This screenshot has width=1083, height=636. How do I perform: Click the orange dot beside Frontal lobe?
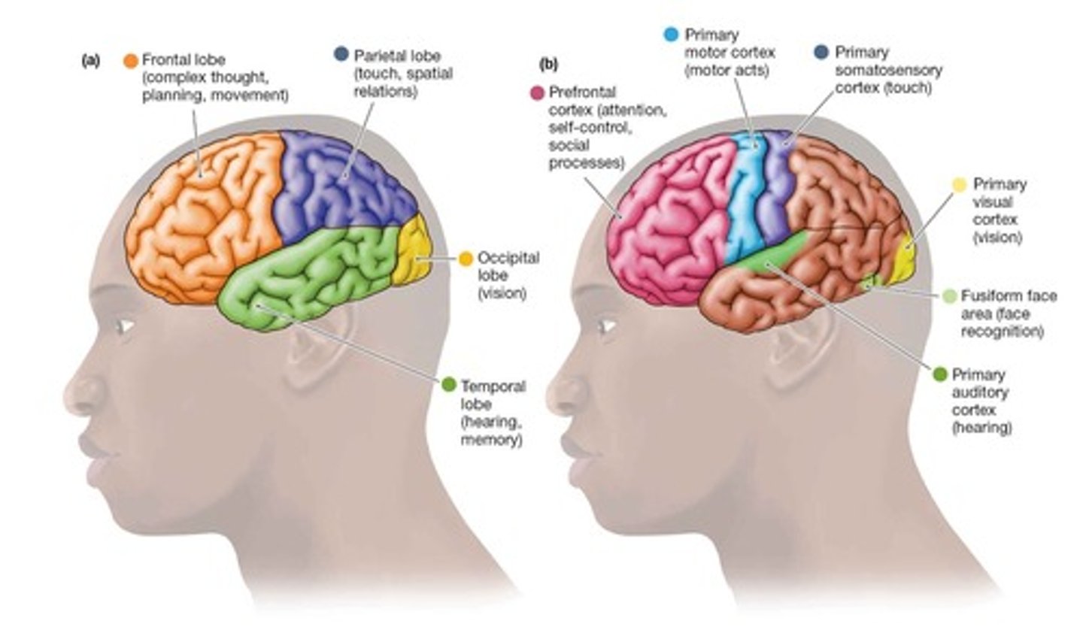(x=131, y=59)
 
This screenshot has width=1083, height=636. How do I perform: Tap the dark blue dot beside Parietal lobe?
(x=341, y=54)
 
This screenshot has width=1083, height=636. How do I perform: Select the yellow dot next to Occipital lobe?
(x=466, y=258)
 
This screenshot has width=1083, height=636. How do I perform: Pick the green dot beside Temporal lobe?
(x=448, y=385)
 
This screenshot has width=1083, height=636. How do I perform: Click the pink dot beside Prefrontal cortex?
(x=537, y=93)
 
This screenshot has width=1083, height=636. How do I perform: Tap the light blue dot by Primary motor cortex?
(x=672, y=35)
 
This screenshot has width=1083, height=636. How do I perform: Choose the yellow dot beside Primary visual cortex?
(x=959, y=184)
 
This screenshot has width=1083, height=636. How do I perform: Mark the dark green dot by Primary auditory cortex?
(x=939, y=374)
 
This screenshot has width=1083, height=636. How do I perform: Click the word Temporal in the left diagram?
(x=493, y=386)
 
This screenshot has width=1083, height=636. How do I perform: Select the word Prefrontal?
(x=582, y=92)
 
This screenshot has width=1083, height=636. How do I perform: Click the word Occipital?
(x=508, y=258)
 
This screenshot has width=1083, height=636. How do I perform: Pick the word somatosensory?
(x=888, y=70)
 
